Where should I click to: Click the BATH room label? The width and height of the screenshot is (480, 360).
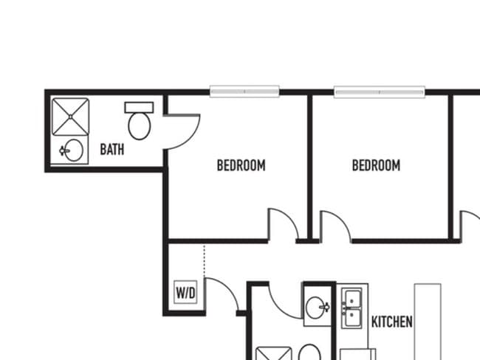(x=112, y=150)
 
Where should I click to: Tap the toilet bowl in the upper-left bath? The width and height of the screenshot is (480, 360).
(x=140, y=125)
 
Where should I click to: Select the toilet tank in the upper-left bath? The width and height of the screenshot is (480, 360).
(x=139, y=108)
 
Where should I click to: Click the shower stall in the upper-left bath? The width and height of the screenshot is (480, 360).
(x=70, y=117)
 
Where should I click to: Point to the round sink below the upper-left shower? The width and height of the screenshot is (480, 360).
(x=73, y=150)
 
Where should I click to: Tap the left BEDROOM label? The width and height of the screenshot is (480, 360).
(x=241, y=165)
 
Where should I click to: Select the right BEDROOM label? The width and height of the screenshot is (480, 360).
(x=376, y=165)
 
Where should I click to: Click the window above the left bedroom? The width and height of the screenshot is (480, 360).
(x=244, y=91)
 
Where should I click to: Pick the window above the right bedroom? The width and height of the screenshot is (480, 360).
(x=380, y=91)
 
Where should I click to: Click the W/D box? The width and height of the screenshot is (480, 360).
(x=185, y=292)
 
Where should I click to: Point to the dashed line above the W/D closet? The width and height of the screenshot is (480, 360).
(x=205, y=260)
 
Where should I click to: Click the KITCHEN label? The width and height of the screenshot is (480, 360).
(x=392, y=322)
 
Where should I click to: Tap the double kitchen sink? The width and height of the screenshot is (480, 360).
(x=352, y=308)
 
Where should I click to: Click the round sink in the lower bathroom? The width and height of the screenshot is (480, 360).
(x=315, y=307)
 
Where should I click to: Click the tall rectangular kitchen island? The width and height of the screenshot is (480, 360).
(x=428, y=322)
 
